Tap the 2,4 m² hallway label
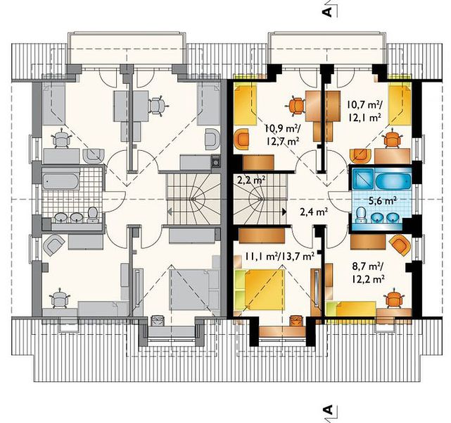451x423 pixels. pos(314,212)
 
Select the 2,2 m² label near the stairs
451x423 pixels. pos(251,180)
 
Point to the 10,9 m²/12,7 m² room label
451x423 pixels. pos(281,135)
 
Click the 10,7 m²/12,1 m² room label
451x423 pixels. pos(364,110)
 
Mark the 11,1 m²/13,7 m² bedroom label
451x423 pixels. pos(279,256)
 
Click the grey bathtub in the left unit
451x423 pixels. pos(61,181)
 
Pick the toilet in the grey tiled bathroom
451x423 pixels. pos(93,215)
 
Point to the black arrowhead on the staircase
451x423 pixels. pos(284,211)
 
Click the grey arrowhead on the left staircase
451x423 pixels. pos(170,212)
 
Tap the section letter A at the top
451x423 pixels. pos(327,12)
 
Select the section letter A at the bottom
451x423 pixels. pos(327,410)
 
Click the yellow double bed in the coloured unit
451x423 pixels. pos(264,290)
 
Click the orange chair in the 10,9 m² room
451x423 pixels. pos(296,106)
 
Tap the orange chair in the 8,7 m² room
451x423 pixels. pos(393,300)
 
